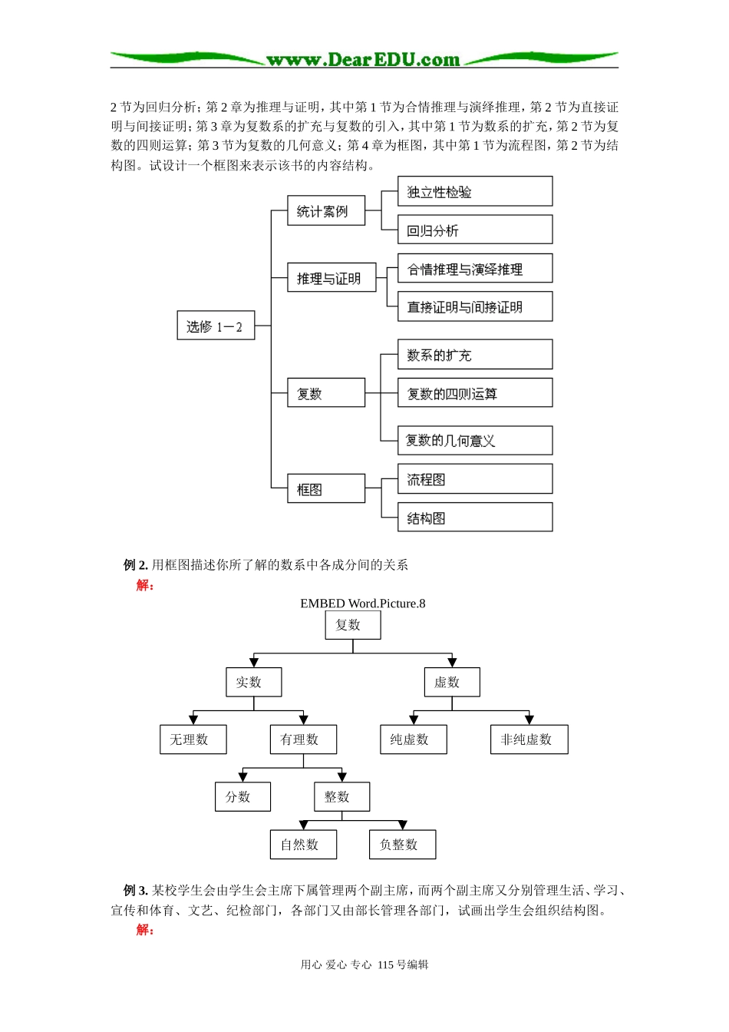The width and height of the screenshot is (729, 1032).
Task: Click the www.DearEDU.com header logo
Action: (x=363, y=60)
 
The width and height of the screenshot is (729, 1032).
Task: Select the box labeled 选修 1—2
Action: (x=216, y=326)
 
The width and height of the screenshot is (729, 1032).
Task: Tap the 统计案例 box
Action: (x=325, y=210)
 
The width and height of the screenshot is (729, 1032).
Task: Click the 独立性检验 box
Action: (x=474, y=191)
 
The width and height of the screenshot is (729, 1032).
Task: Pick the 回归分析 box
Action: (x=474, y=230)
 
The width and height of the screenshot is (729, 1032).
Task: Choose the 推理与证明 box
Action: (x=332, y=278)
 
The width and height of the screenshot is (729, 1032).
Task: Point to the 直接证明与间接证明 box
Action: (x=474, y=306)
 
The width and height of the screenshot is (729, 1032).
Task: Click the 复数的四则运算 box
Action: (x=474, y=393)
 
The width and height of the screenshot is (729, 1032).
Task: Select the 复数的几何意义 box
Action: (x=474, y=440)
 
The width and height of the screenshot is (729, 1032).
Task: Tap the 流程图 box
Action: (x=474, y=479)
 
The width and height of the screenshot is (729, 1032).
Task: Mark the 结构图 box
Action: (x=474, y=518)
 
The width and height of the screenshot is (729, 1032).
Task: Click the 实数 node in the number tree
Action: (x=253, y=682)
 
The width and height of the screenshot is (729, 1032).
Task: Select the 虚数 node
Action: (x=451, y=682)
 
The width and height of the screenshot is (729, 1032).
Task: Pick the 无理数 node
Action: (x=193, y=739)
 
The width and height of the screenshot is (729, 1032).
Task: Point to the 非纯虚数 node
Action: (x=529, y=739)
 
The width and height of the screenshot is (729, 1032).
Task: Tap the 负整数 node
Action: (x=402, y=845)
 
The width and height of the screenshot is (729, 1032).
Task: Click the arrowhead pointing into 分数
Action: (x=242, y=777)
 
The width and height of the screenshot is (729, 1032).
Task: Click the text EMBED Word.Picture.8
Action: (x=362, y=604)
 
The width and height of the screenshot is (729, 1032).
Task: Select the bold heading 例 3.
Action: (x=135, y=891)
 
